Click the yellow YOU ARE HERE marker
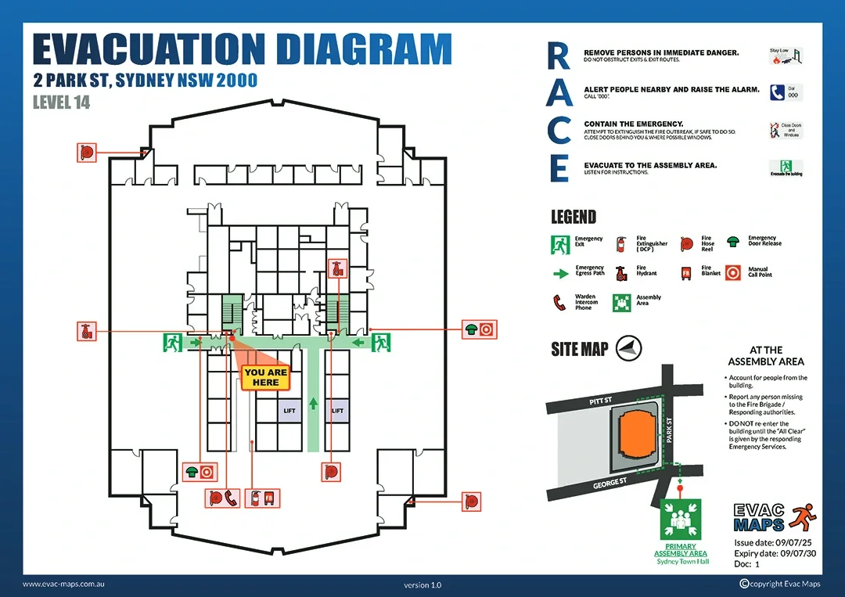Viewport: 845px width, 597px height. tap(266, 377)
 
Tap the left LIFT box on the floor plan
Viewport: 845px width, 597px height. tap(289, 411)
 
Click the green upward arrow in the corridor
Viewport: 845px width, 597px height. tap(313, 404)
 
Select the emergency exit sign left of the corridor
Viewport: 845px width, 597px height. tap(173, 342)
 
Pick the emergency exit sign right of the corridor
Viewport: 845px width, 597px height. tap(381, 342)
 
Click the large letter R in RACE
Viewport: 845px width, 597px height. tap(558, 55)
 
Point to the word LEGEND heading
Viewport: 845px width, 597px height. tap(574, 217)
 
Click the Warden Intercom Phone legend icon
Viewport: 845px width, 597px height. tap(559, 302)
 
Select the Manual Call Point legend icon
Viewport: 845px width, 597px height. tap(733, 272)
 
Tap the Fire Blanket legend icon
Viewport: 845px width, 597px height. tap(686, 273)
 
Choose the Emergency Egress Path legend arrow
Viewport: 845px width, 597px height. tap(561, 273)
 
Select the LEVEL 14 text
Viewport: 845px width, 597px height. tap(62, 102)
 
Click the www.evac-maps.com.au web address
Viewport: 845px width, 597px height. tap(65, 584)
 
